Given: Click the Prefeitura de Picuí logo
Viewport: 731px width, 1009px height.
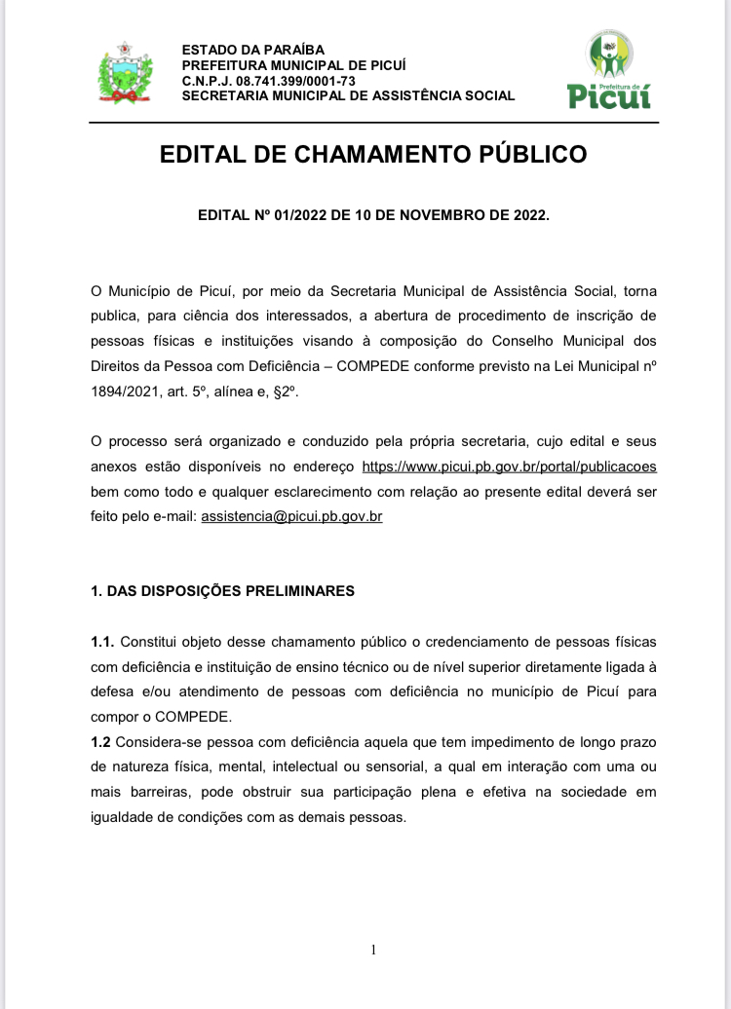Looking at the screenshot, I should click(x=609, y=70).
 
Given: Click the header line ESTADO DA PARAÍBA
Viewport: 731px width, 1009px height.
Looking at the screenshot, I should click(x=253, y=50).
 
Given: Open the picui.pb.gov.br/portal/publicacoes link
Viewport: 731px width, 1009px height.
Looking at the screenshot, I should click(x=509, y=466).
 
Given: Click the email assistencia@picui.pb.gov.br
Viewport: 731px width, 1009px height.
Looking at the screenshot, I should click(x=291, y=516).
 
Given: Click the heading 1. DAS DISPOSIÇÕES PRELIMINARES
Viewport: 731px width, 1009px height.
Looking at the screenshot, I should click(x=222, y=591).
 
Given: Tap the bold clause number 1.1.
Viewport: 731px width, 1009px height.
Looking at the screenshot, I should click(x=102, y=642).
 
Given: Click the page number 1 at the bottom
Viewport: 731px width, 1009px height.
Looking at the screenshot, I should click(x=373, y=951).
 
